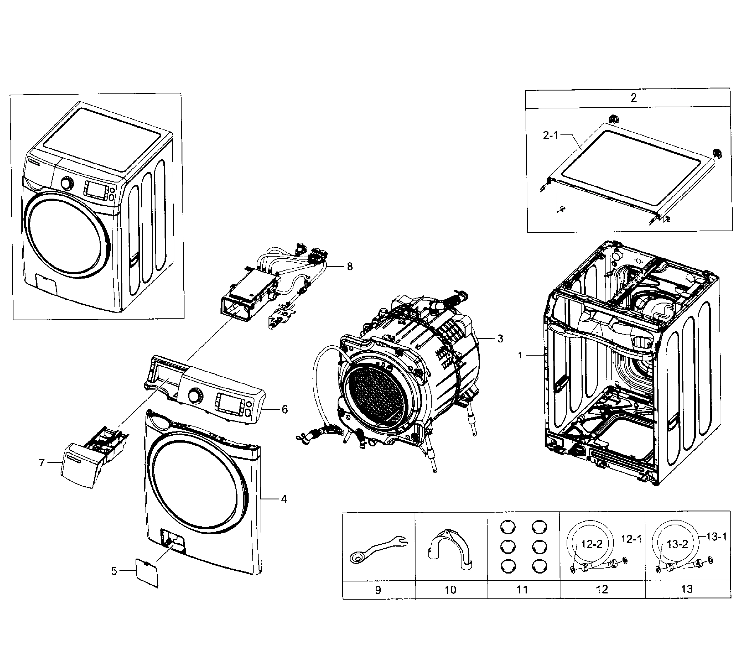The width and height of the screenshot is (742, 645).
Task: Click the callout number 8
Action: coord(349,267)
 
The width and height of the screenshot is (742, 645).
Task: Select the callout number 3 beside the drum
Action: coord(500,338)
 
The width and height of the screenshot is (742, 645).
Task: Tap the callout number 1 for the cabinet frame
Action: coord(520,356)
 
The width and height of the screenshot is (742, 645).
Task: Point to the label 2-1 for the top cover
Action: coord(550,136)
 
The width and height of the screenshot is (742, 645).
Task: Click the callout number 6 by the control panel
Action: coord(285,409)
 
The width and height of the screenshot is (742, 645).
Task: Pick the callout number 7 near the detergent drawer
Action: coord(42,463)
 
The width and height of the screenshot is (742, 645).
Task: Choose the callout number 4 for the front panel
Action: coord(284,499)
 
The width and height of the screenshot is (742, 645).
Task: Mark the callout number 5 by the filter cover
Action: coord(114,571)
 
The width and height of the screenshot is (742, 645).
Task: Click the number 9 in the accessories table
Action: coord(377,590)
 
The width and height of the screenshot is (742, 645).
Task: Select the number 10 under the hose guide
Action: coord(451,590)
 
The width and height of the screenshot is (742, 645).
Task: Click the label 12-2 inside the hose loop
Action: coord(592,544)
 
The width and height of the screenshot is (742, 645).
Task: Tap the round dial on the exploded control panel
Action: coord(195,395)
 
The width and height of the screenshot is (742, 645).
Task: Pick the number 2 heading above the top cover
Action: coord(634,98)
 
